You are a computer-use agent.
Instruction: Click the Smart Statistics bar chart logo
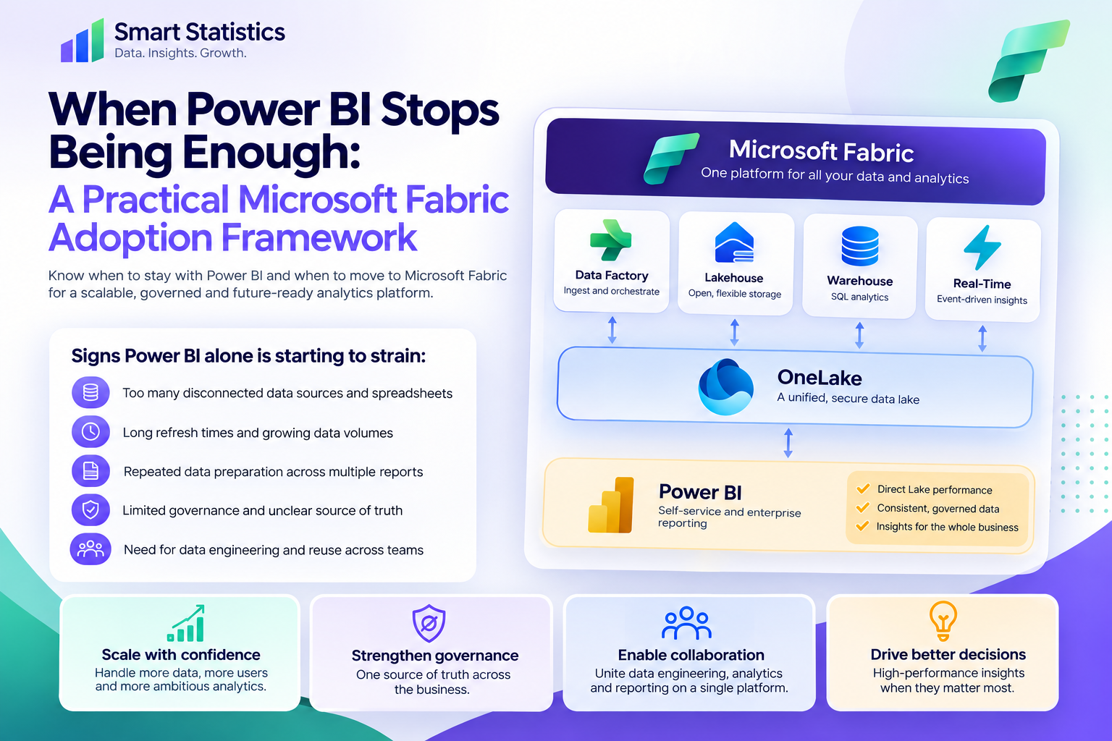coord(83,41)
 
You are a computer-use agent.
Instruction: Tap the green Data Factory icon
coord(610,240)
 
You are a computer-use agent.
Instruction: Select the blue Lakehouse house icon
coord(734,242)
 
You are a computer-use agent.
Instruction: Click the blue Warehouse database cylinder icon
coord(860,246)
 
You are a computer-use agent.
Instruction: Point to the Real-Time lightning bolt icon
coord(982,247)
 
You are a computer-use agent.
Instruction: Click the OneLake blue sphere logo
coord(725,387)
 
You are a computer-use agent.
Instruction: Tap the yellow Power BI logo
coord(611,505)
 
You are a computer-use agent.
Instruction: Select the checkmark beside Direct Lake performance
coord(863,489)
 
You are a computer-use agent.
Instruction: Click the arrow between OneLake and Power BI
coord(788,443)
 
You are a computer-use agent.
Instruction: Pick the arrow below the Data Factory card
coord(612,330)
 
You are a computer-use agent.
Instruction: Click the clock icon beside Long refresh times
coord(90,432)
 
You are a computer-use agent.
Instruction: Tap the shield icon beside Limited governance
coord(90,509)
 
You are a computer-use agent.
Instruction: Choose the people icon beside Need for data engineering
coord(90,549)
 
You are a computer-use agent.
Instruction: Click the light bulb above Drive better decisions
coord(943,621)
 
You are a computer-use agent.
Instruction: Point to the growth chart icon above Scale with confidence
coord(185,623)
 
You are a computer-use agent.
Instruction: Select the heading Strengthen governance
coord(435,656)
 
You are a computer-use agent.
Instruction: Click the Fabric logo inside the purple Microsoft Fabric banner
coord(670,158)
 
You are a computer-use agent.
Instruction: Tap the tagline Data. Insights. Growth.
coord(180,53)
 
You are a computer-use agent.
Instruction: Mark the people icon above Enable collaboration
coord(686,623)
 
